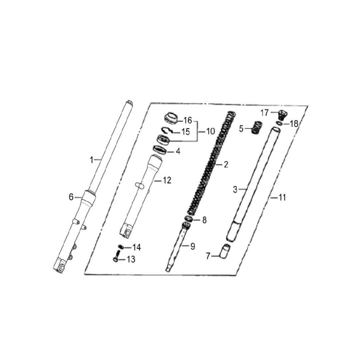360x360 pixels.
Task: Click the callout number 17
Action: pos(264,113)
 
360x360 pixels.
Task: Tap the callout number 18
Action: pos(294,124)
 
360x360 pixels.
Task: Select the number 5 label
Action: pos(241,129)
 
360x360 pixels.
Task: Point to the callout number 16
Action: pos(188,120)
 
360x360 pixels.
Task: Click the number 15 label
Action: pos(186,132)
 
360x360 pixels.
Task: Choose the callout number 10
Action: pos(210,131)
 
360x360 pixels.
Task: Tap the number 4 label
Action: pos(178,151)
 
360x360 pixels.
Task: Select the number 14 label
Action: pos(136,247)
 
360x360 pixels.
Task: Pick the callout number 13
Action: pos(131,259)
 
